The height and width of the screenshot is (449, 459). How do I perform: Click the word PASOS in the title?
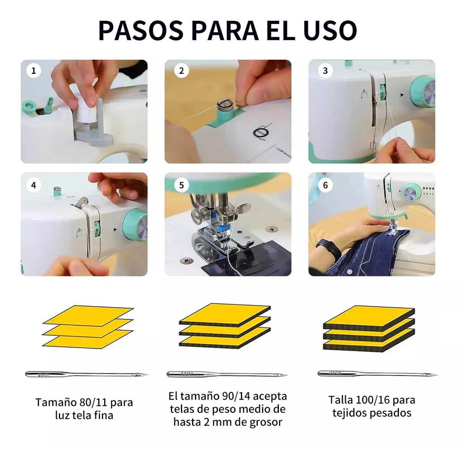tap(141, 31)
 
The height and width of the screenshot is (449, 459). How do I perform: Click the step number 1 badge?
tap(34, 70)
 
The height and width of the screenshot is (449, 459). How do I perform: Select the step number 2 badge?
tap(181, 70)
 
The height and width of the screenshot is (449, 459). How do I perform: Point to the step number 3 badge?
tap(325, 70)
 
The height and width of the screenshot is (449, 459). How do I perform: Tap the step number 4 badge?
tap(34, 185)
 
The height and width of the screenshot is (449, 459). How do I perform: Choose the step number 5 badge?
tap(181, 185)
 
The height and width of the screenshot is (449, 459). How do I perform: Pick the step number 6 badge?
tap(325, 185)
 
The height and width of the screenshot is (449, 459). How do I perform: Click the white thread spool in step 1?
tap(86, 112)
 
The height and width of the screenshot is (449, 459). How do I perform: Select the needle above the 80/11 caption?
tap(86, 374)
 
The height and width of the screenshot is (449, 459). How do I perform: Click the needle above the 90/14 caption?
tap(227, 374)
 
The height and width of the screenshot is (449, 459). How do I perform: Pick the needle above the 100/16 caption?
tap(378, 374)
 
